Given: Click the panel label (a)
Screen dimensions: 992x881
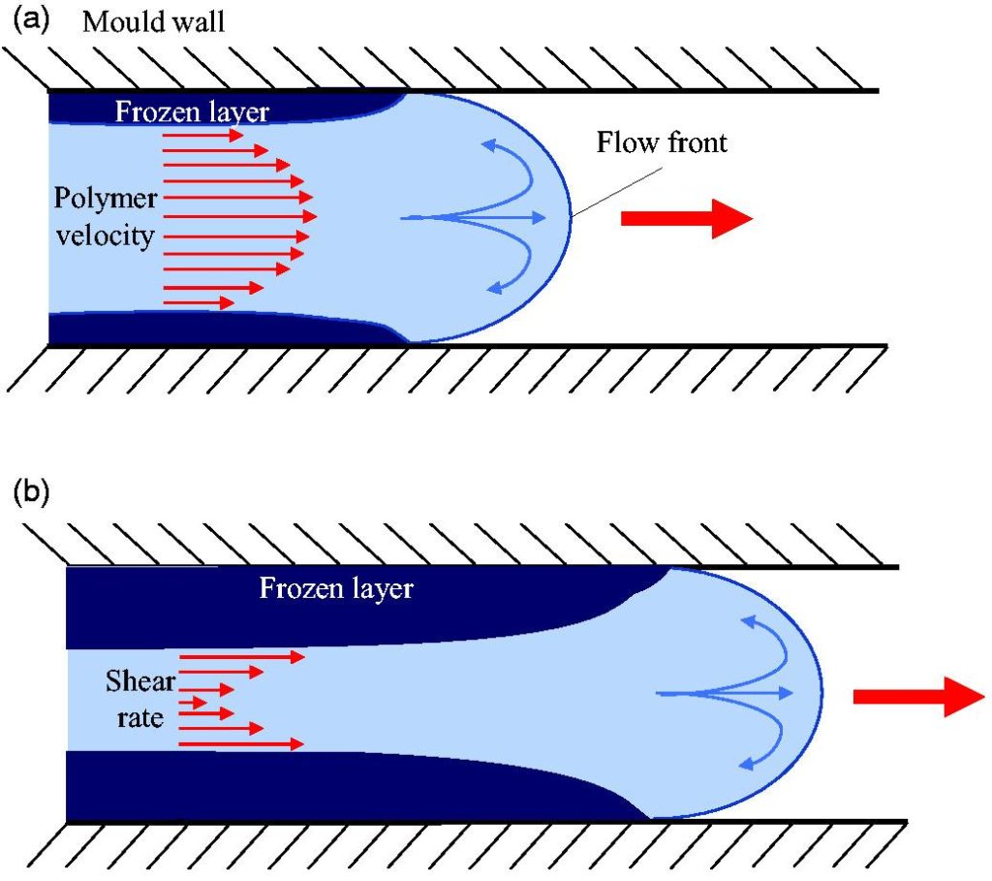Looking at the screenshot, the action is click(31, 20).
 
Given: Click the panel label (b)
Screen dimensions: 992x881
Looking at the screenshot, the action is click(31, 492).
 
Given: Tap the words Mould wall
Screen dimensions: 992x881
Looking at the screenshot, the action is click(154, 22).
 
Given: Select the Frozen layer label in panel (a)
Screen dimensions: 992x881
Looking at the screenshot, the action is click(192, 112).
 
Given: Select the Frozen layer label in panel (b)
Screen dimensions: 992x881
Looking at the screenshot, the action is click(336, 588).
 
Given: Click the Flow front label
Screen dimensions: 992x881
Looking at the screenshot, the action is click(662, 142).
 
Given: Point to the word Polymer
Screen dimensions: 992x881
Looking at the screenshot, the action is click(105, 199).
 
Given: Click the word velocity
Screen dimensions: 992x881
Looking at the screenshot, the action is click(105, 236).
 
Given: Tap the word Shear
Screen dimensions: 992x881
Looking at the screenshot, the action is click(140, 681).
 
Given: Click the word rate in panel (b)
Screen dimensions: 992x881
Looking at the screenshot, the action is click(140, 718).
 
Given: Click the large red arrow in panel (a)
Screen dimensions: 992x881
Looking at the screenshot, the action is click(687, 218).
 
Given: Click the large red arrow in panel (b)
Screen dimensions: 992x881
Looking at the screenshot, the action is click(918, 696).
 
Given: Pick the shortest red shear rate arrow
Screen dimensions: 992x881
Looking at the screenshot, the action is click(193, 702).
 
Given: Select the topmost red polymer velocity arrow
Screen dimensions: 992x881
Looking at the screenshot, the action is click(203, 135).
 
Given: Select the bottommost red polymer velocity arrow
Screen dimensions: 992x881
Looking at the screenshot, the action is click(199, 303).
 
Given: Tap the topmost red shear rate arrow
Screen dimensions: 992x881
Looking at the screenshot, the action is click(242, 657).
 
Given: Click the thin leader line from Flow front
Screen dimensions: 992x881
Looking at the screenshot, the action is click(617, 192).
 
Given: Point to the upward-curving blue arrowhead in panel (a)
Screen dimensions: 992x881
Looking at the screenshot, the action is click(489, 145).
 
